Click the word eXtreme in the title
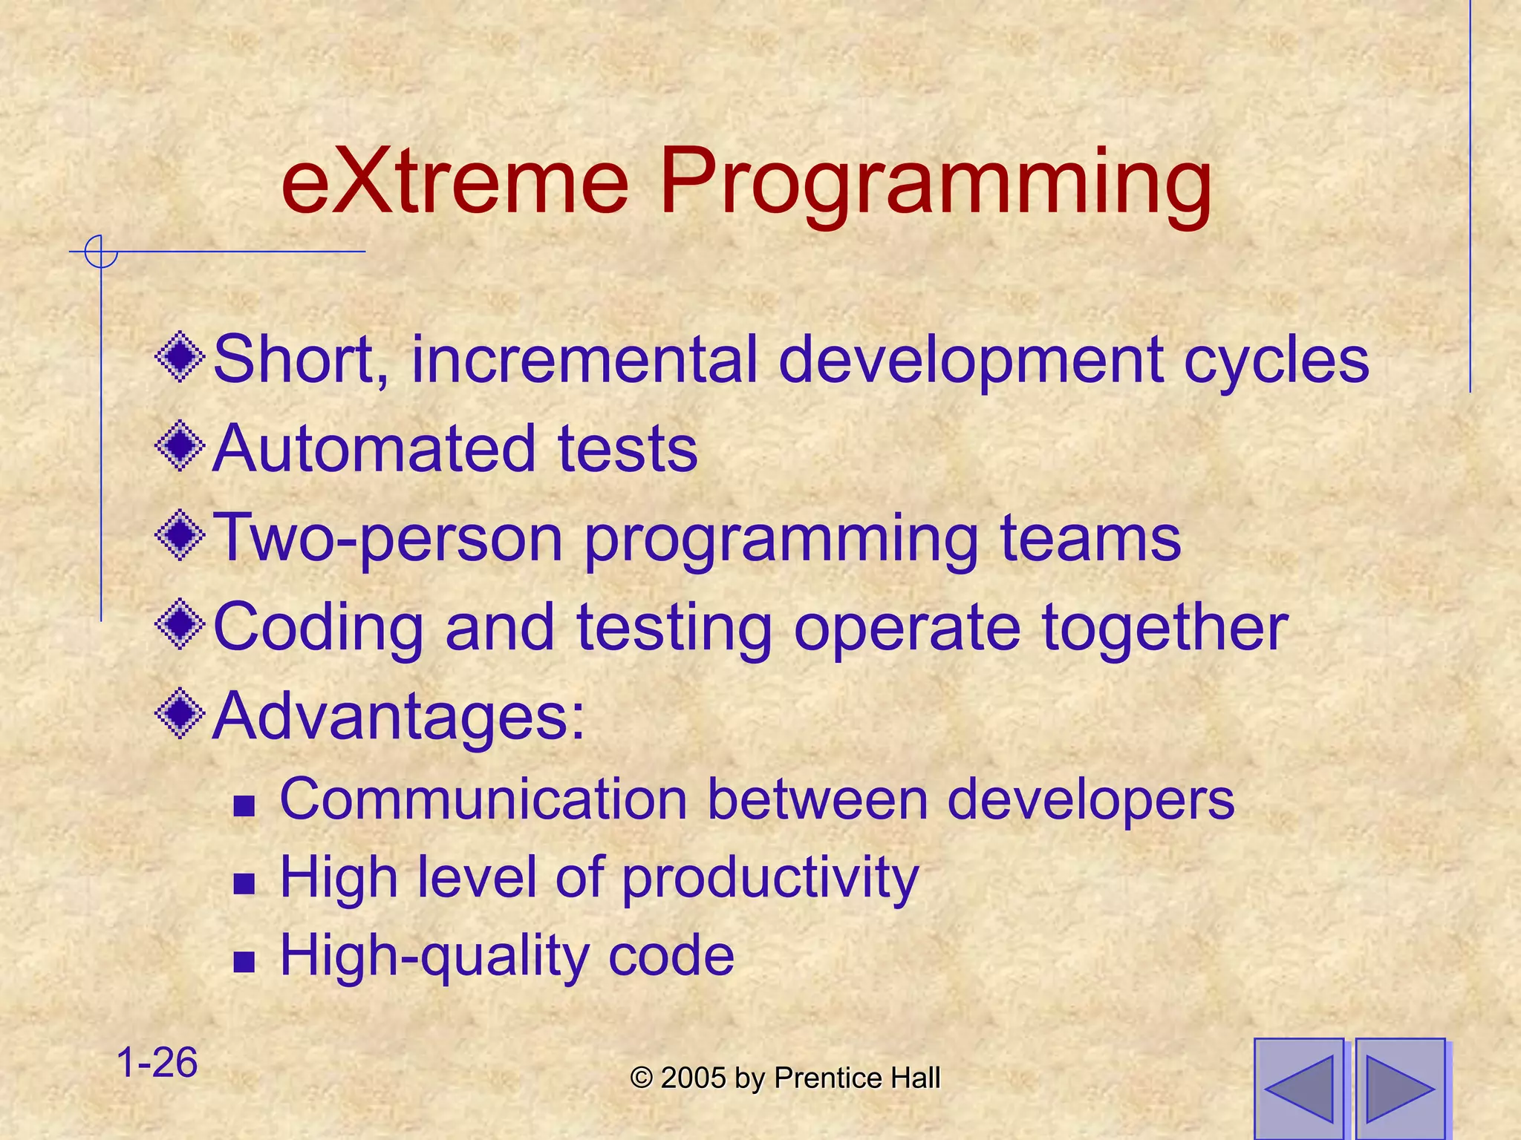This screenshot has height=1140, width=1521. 455,182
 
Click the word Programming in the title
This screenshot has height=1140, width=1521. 936,186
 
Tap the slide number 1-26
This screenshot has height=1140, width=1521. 157,1062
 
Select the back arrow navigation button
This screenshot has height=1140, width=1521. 1299,1088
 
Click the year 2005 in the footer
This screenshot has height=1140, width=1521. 693,1078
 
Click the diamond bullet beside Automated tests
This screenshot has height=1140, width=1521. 180,446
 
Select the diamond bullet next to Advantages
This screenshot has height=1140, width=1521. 180,714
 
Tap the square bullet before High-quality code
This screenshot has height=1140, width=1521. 244,963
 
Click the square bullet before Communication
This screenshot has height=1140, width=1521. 244,806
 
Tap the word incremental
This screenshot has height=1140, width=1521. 584,360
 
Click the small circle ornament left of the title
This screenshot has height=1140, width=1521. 101,252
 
